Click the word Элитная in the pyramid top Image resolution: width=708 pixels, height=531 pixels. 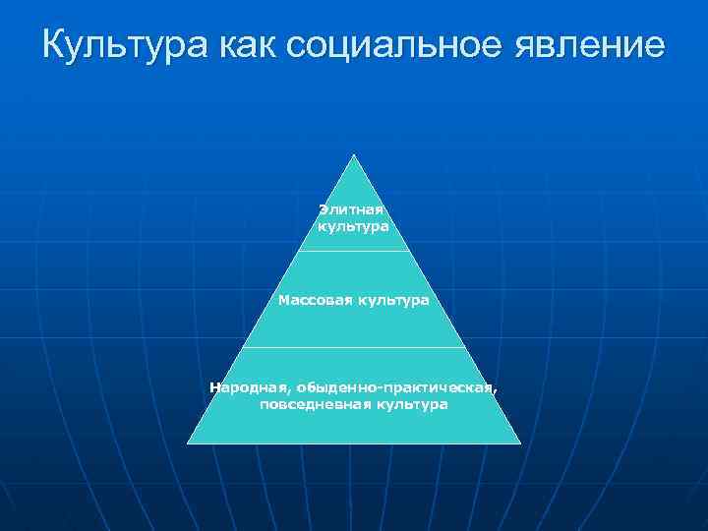(x=351, y=209)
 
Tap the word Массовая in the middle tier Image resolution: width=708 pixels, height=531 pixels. (x=316, y=299)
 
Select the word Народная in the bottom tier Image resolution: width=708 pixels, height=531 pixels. (x=241, y=387)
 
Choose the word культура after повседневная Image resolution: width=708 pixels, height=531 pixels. (x=411, y=404)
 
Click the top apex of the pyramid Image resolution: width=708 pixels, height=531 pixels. (x=353, y=155)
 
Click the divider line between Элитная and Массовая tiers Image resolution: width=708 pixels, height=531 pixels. (x=353, y=251)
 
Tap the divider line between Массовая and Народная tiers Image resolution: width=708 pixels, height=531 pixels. (x=353, y=347)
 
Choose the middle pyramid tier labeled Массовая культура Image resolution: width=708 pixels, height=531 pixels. (x=353, y=320)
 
